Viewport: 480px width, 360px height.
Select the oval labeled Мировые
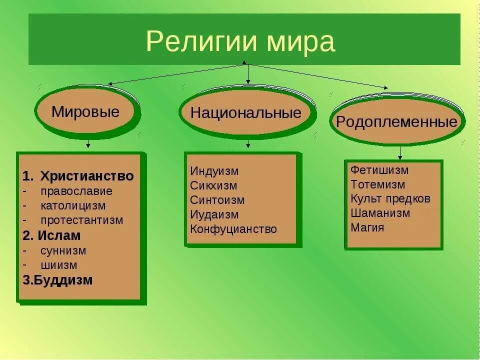click(x=85, y=111)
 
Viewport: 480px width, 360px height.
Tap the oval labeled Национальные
click(x=246, y=112)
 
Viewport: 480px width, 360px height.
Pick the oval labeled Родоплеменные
click(x=396, y=122)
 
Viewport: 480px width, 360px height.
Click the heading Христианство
click(x=87, y=176)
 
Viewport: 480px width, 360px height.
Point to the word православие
click(x=76, y=191)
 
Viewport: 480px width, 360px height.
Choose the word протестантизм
click(x=82, y=220)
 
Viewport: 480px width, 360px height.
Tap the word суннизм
click(x=63, y=250)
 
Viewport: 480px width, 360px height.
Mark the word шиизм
click(x=59, y=265)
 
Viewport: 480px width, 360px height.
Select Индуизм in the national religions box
click(x=214, y=171)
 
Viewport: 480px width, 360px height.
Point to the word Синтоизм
click(x=217, y=200)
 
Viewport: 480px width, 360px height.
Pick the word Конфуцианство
click(x=233, y=229)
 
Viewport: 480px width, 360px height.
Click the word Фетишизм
click(x=379, y=170)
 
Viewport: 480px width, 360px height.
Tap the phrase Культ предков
click(x=390, y=198)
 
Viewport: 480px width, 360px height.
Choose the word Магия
click(x=367, y=227)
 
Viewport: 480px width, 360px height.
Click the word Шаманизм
click(x=380, y=213)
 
